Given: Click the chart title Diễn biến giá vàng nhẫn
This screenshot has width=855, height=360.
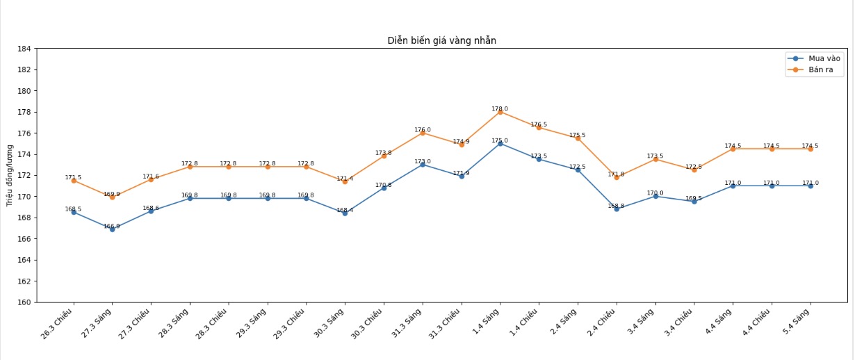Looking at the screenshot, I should (x=441, y=40).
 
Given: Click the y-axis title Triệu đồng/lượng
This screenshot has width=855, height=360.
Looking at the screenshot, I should (x=10, y=175).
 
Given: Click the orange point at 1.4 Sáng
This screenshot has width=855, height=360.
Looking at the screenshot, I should (x=500, y=112).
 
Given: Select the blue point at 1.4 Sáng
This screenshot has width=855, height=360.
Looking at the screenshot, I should (x=500, y=143).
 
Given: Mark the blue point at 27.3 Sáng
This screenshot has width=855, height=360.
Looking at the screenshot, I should (x=112, y=229).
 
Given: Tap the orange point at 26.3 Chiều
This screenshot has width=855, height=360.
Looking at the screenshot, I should (x=74, y=180).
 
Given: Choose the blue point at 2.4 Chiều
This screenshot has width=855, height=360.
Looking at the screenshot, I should (x=617, y=208).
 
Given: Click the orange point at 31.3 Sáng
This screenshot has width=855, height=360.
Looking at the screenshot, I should (x=423, y=133).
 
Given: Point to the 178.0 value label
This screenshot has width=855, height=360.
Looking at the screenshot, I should (x=500, y=108).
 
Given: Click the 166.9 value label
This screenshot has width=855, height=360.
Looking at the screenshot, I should (x=112, y=226).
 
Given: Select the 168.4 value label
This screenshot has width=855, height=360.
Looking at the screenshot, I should (x=345, y=210).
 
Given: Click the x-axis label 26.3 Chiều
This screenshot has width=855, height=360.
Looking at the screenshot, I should (x=58, y=327).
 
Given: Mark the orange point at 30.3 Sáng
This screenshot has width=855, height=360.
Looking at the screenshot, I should (x=345, y=181).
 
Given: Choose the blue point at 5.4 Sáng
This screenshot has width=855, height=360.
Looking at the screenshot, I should (x=811, y=186).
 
